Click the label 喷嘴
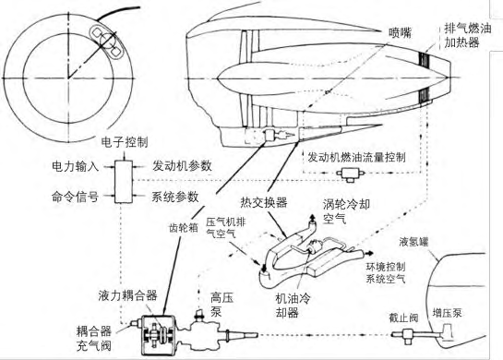pos(400,32)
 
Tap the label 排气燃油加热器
pos(467,35)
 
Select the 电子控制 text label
pos(125,142)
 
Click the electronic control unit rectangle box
pos(124,181)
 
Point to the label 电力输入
pos(75,166)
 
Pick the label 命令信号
pos(75,197)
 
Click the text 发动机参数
pos(182,166)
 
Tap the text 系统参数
pos(175,197)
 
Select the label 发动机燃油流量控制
pos(357,157)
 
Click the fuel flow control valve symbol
pos(351,174)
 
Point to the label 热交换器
pos(264,202)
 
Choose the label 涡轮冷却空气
pos(346,211)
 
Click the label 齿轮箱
pos(184,227)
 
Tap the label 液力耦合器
pos(127,295)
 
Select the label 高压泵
pos(222,305)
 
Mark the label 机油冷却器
pos(293,306)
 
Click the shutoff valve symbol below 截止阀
pos(407,335)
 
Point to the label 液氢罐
pos(413,242)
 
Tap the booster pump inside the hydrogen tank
pos(447,332)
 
